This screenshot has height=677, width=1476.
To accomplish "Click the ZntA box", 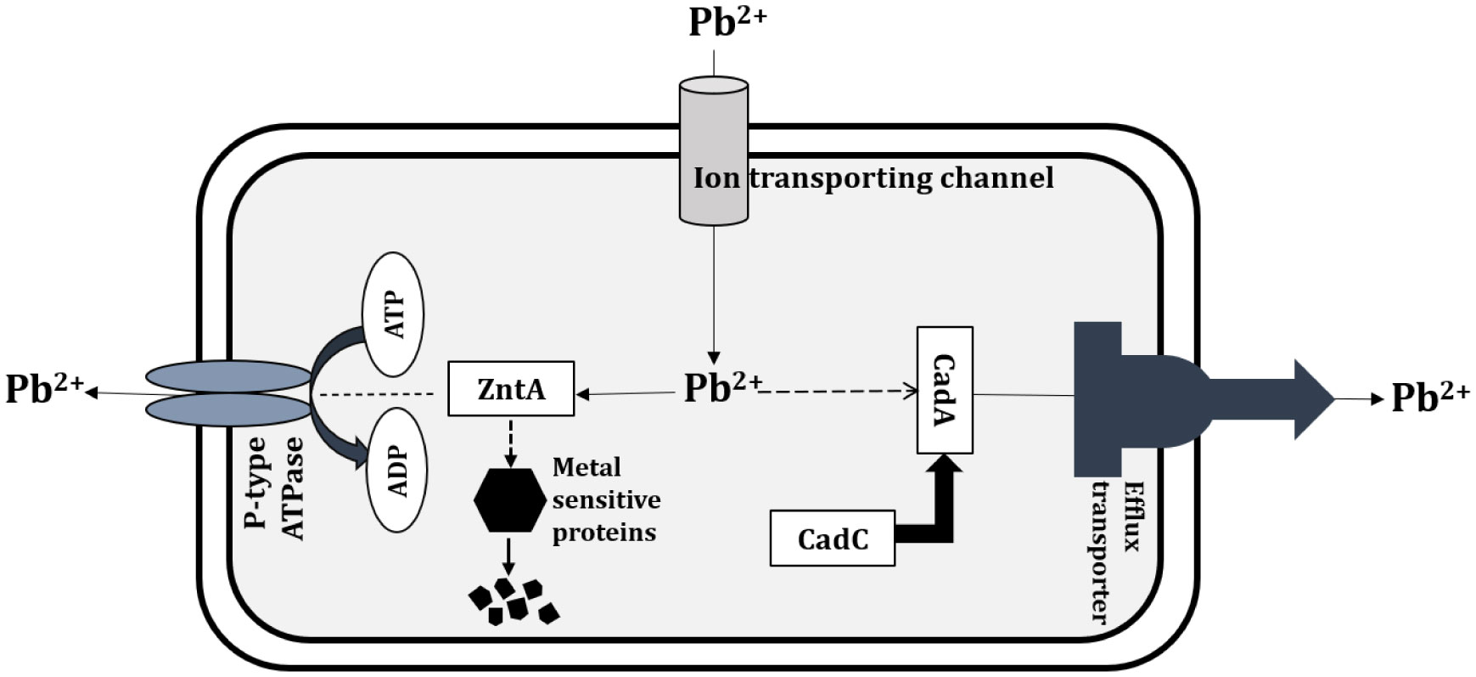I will [x=510, y=389].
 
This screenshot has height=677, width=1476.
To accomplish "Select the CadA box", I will [x=945, y=390].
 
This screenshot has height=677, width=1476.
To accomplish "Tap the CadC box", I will [x=832, y=539].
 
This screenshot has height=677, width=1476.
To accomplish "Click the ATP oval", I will [x=394, y=314].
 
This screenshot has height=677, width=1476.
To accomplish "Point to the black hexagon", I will [x=509, y=501].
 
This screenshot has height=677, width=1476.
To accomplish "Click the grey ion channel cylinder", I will [x=714, y=153].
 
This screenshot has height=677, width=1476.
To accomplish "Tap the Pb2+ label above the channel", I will [x=727, y=22].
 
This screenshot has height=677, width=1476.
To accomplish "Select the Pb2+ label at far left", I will [x=44, y=389].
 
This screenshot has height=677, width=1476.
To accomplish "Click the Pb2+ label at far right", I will [x=1430, y=398].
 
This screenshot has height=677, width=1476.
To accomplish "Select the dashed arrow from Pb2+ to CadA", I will [x=840, y=391].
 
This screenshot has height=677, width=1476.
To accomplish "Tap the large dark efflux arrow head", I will [x=1311, y=398].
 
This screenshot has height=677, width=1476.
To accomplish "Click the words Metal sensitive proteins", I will [x=605, y=500].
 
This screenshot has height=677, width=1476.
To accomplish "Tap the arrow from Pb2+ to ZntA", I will [x=628, y=392].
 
